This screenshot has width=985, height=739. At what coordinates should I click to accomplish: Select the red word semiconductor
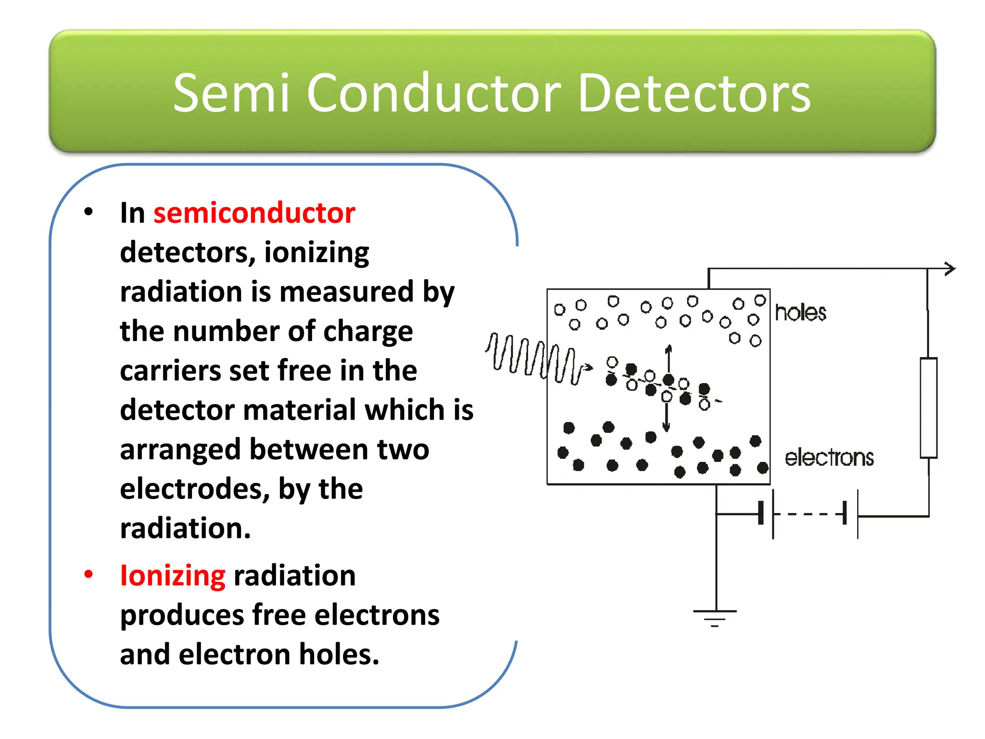pos(254,213)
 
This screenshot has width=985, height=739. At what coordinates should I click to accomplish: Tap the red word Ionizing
pos(172,576)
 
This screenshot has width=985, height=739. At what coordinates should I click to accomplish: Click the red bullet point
pos(88,574)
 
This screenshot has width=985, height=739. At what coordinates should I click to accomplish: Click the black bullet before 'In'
pos(88,212)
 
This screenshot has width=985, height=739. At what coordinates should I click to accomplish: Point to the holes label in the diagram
pos(800,313)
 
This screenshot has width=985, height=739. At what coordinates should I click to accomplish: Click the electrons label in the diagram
pos(829,458)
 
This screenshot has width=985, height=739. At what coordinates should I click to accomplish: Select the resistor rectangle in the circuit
pos(928,408)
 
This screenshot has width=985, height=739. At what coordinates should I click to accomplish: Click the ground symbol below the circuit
pos(715,617)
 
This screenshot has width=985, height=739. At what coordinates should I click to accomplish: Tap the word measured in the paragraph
pos(346,292)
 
